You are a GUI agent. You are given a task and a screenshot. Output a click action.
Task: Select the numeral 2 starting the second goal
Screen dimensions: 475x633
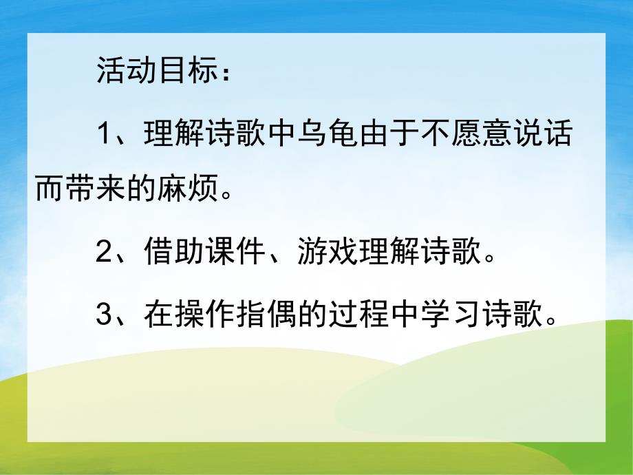[x=105, y=255]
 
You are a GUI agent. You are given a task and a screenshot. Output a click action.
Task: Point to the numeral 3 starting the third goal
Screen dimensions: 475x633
[x=105, y=315]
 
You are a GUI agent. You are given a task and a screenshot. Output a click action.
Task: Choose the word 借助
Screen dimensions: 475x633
[x=175, y=255]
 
